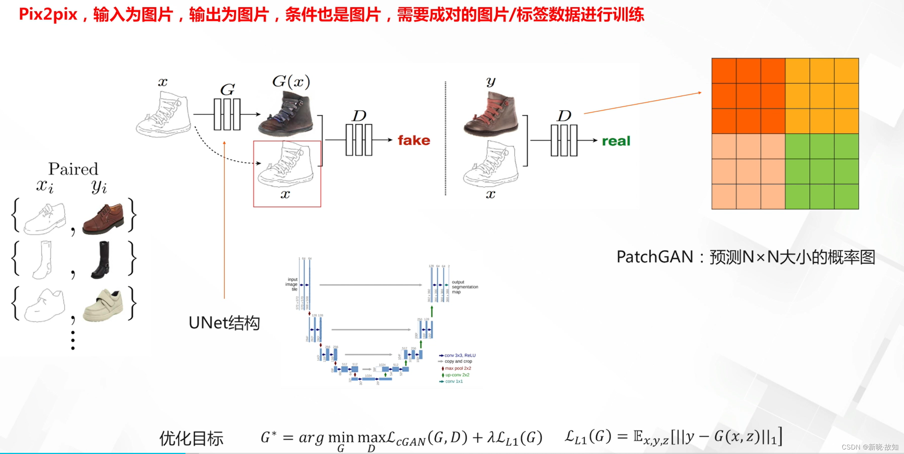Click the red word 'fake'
414,140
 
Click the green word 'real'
616,141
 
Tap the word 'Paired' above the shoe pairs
73,169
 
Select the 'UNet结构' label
224,323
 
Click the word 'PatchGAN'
654,257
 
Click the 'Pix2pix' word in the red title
48,15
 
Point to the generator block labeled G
227,114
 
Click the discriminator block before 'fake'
359,140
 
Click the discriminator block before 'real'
564,140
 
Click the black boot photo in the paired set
101,260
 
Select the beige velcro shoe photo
103,305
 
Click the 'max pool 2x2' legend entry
457,368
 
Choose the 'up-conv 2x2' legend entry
457,375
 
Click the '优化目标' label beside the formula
191,438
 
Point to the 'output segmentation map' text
465,287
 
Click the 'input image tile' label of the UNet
292,284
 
